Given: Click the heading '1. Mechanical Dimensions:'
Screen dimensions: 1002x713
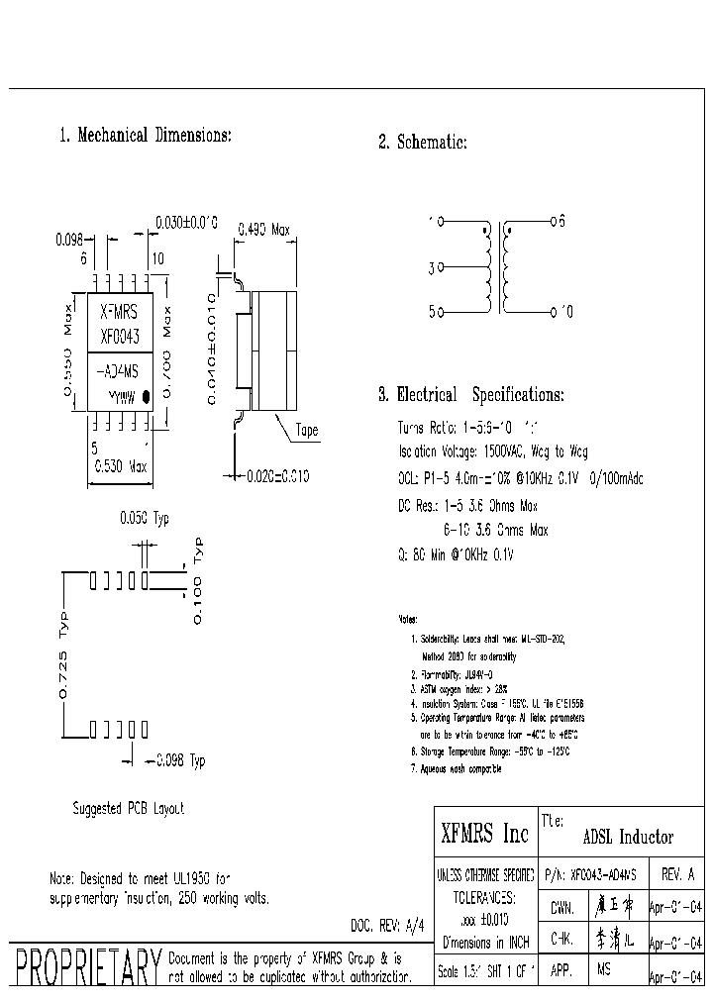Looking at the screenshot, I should pos(146,136).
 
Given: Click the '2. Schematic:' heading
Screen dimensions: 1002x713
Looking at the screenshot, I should pos(422,143).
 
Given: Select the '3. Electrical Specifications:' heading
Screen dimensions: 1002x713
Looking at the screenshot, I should pos(470,395).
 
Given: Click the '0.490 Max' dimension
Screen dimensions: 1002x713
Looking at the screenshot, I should pos(262,230).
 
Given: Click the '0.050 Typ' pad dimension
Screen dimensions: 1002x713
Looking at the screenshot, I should pos(144,519).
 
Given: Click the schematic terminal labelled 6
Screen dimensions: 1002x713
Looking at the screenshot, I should pos(552,223).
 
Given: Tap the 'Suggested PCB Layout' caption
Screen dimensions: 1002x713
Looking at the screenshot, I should pos(129,808).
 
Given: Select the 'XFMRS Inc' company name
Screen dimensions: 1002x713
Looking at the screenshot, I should pos(484,836).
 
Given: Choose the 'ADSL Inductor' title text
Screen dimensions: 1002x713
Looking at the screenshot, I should pos(627,838).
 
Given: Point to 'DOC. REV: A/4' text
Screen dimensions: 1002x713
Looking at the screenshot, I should pos(387,925).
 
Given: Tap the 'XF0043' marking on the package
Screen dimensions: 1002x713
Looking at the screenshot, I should pos(120,336).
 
